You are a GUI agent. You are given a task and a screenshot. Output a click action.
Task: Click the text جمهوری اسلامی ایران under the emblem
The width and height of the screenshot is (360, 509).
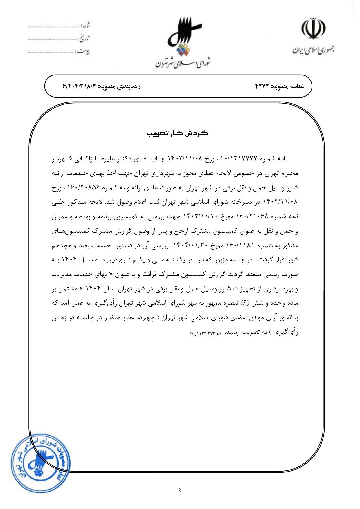point(313,50)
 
